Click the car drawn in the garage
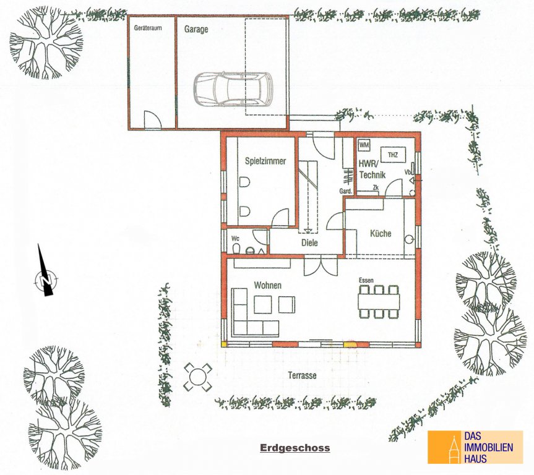[x=233, y=88]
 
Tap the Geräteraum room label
[x=148, y=28]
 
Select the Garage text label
[x=196, y=29]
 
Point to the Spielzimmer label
[x=265, y=161]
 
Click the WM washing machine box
[x=364, y=145]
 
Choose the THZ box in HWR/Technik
[x=393, y=155]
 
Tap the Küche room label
[x=381, y=234]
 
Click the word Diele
[x=309, y=243]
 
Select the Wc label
[x=235, y=238]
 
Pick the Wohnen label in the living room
[x=268, y=285]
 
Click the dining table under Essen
[x=378, y=301]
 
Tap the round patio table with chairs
[x=198, y=377]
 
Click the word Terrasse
[x=302, y=375]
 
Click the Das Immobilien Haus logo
[x=475, y=447]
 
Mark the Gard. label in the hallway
[x=345, y=191]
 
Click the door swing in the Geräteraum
[x=152, y=119]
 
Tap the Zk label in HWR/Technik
[x=376, y=187]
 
